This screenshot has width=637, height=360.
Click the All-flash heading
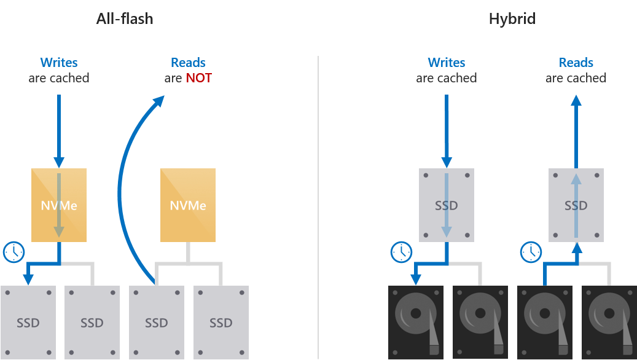[125, 19]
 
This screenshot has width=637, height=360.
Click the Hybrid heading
[512, 19]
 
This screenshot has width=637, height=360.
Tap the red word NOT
[198, 78]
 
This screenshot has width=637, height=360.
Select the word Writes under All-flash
[59, 63]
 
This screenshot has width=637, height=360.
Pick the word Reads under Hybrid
[576, 63]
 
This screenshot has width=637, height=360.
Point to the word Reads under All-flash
[188, 63]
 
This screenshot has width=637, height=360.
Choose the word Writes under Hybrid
[447, 63]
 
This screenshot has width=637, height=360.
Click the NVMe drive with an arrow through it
[59, 205]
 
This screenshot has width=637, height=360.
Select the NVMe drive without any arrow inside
[188, 205]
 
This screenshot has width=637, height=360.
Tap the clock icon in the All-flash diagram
[14, 252]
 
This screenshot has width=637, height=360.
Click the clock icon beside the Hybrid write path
[401, 252]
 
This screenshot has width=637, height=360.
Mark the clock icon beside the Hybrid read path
[531, 252]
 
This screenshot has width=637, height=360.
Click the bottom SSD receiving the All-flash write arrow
[28, 322]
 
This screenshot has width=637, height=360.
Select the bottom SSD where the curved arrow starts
[157, 322]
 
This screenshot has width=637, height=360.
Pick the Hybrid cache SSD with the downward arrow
[447, 205]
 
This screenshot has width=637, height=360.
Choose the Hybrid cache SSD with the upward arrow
[576, 205]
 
